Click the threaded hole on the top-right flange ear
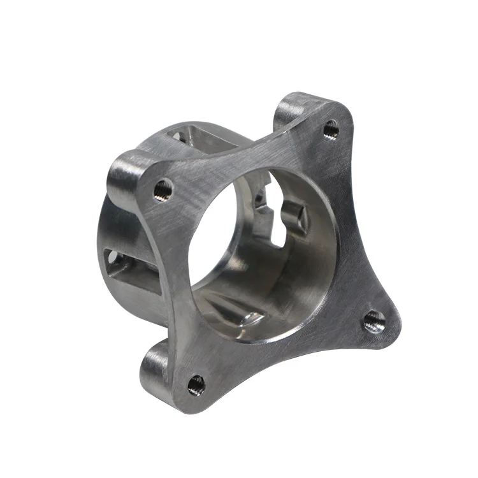tap(330, 129)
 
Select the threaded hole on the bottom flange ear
tap(196, 384)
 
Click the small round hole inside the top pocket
tap(179, 134)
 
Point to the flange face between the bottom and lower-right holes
tap(287, 357)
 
